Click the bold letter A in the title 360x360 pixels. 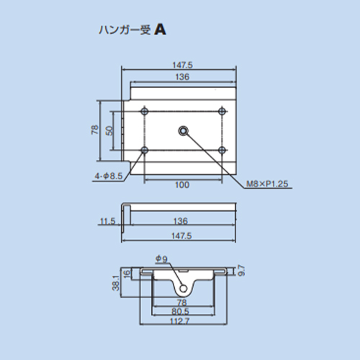coord(160,30)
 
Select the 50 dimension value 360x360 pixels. coord(109,131)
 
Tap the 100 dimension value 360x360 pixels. coord(182,185)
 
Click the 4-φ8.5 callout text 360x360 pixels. coord(109,176)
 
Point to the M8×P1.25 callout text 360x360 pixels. coord(267,184)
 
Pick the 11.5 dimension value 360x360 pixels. coord(107,221)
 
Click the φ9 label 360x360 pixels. coord(161,258)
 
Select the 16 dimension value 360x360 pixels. coord(127,274)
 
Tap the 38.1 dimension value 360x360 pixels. coord(116,283)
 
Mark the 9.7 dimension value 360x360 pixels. coord(241,271)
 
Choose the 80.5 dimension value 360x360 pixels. coord(180,312)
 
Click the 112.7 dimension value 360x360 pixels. coord(180,321)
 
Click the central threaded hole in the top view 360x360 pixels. coord(184,131)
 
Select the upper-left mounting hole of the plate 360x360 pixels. coord(145,111)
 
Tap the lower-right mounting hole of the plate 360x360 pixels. coord(222,150)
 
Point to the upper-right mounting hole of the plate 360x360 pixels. coord(222,111)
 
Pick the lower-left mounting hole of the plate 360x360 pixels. coord(145,150)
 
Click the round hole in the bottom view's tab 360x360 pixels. coord(184,288)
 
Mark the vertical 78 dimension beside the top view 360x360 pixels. coord(95,130)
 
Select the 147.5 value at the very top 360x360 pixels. coord(182,65)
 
